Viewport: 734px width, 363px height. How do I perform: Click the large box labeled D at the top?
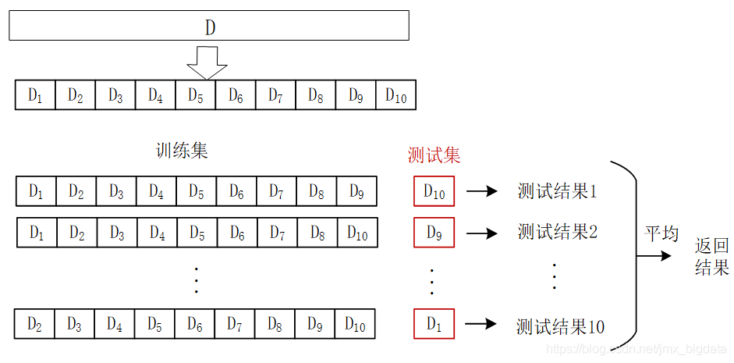209,25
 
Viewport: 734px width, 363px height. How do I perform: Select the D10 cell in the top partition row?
396,95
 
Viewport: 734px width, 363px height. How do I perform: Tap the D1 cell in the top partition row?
36,95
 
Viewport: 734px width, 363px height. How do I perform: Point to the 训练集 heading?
182,151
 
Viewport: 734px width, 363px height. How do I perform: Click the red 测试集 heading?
434,155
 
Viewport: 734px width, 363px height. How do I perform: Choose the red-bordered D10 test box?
434,191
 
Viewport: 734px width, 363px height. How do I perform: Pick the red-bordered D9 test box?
434,232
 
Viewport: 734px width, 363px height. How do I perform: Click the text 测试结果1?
556,191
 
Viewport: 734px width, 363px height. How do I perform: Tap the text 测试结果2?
557,232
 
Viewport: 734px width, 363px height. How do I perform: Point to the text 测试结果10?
560,326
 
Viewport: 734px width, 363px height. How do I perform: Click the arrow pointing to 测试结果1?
482,191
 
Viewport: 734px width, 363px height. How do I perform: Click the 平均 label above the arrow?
661,234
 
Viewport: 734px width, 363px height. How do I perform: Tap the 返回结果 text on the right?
711,258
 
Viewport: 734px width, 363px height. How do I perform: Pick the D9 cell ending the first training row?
356,190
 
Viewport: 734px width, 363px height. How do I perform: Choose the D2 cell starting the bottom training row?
35,324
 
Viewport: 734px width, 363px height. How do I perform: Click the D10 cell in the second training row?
357,232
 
